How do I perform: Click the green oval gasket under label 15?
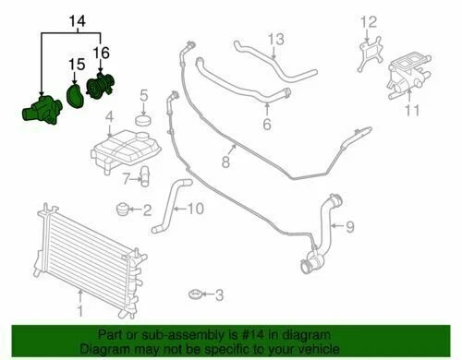75,96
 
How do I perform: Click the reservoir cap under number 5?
143,121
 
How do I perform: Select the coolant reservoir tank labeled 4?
124,145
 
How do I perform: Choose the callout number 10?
194,209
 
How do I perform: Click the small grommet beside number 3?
194,294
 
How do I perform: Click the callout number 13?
275,39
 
